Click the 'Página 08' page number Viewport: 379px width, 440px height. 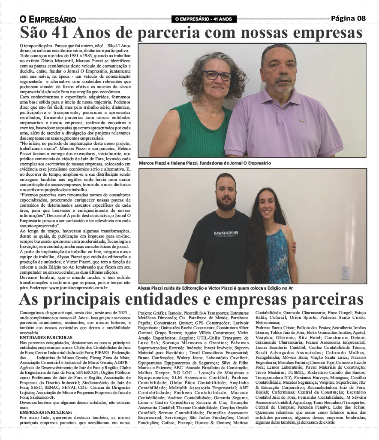pos(348,18)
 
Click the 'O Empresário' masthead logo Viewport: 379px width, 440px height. pos(48,19)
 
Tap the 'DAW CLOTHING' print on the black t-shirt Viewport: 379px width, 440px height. pos(226,233)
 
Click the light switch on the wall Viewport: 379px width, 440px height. pos(345,272)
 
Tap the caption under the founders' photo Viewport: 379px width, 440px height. pos(205,163)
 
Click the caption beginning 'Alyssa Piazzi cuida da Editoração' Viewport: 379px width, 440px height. pos(221,288)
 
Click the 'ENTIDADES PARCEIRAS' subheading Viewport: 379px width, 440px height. pos(45,338)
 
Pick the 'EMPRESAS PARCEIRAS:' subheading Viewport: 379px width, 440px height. pos(46,412)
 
